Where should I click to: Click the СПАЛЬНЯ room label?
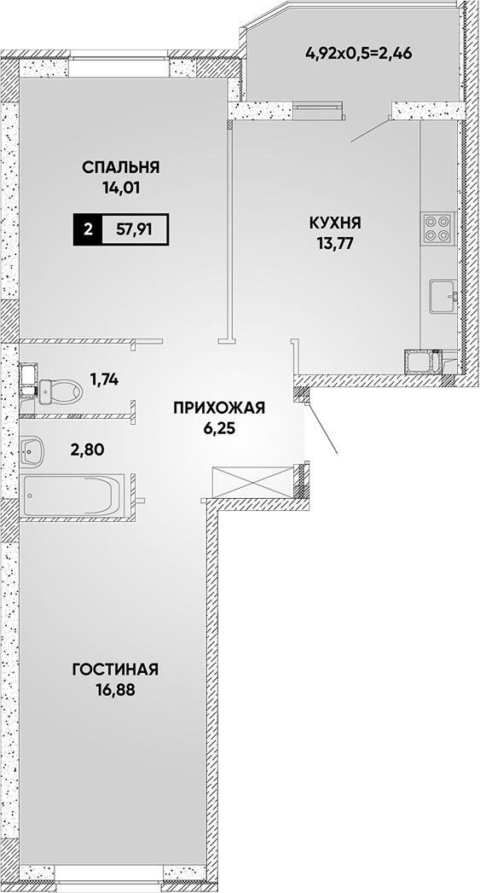(x=120, y=167)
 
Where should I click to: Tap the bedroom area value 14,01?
(x=121, y=187)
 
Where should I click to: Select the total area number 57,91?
(x=136, y=230)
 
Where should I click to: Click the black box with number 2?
(x=88, y=230)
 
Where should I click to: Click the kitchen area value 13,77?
(x=336, y=242)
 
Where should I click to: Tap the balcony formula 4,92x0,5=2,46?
(x=359, y=54)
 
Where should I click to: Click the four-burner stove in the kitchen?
(x=438, y=228)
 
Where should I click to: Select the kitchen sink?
(x=443, y=296)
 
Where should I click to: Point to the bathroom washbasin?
(x=32, y=452)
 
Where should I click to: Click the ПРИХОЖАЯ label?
(x=219, y=408)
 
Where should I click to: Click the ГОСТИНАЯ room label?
(x=115, y=670)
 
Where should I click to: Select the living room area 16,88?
(x=116, y=690)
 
